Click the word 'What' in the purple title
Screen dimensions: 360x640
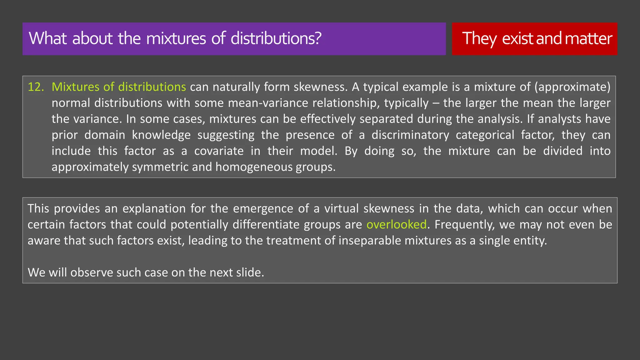click(48, 38)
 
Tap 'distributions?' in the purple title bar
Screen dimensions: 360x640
click(276, 38)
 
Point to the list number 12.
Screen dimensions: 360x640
click(36, 87)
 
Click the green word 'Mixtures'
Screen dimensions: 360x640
click(75, 87)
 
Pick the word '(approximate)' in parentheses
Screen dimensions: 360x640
click(572, 87)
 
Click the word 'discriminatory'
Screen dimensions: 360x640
click(410, 135)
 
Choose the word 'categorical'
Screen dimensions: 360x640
click(485, 135)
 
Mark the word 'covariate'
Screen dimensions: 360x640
click(219, 151)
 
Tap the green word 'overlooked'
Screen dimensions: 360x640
click(396, 225)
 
